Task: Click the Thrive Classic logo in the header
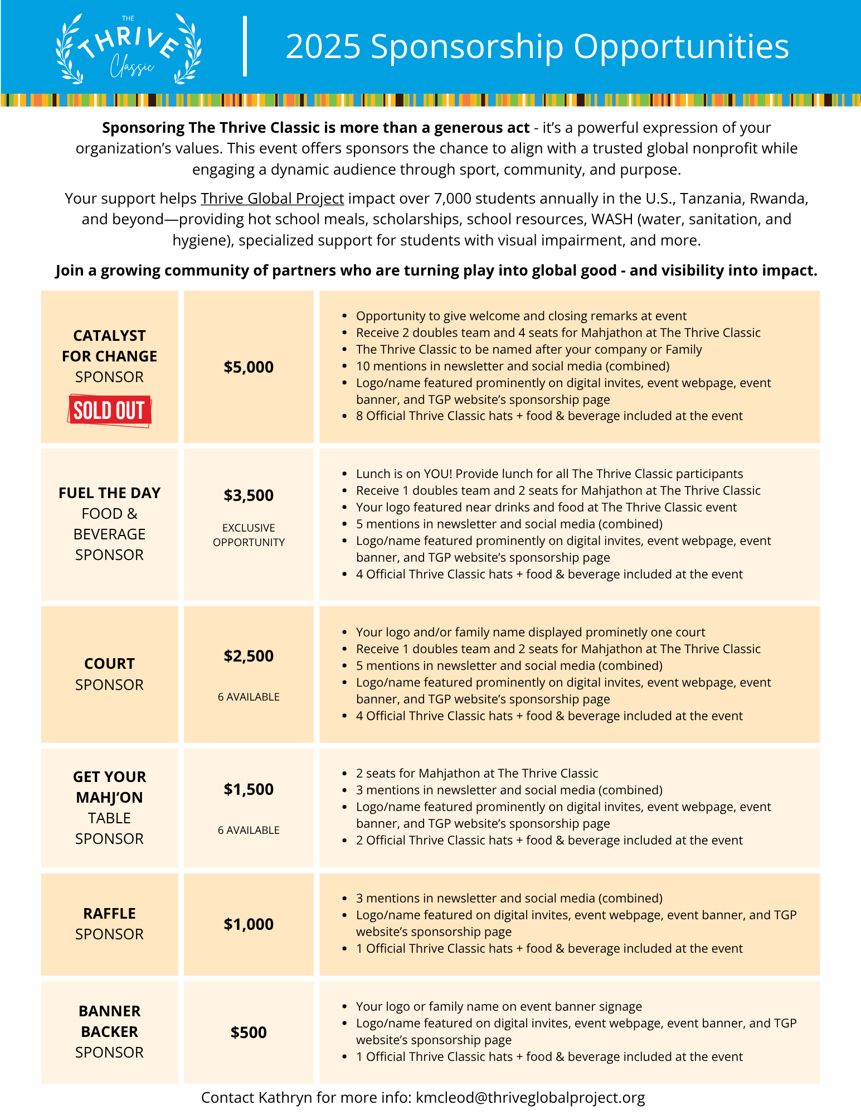(x=129, y=49)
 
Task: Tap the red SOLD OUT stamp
(x=109, y=411)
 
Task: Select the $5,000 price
(x=249, y=367)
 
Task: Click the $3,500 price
(x=249, y=495)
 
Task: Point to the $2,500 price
(x=249, y=656)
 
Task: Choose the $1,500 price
(x=249, y=789)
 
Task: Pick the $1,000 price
(x=249, y=924)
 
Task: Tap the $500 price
(x=249, y=1032)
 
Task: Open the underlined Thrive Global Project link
(x=272, y=199)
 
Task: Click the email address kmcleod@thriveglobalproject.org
(x=530, y=1098)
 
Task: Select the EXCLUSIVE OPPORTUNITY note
(x=249, y=535)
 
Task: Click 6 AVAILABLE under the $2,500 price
(x=249, y=697)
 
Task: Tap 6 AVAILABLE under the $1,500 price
(x=249, y=830)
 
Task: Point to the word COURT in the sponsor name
(x=109, y=664)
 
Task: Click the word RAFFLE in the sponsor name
(x=109, y=914)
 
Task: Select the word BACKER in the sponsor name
(x=109, y=1032)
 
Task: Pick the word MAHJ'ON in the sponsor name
(x=109, y=798)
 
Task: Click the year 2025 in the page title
(x=323, y=46)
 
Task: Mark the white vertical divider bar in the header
(x=245, y=46)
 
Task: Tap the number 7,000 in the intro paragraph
(x=456, y=199)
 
